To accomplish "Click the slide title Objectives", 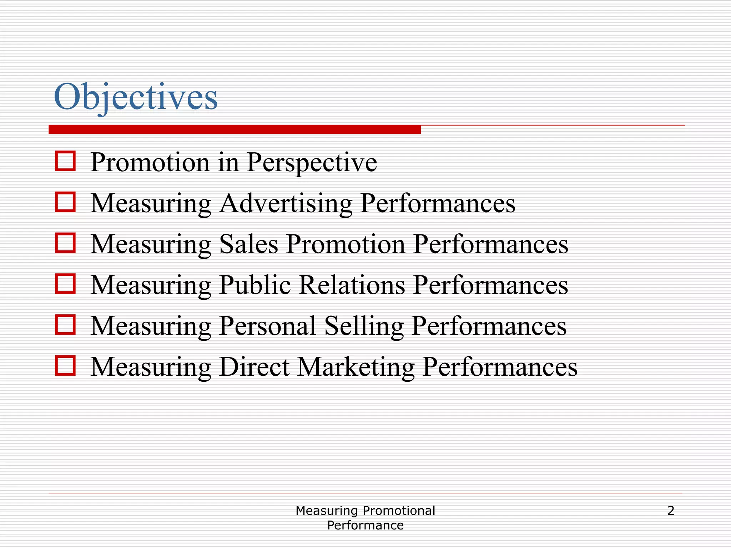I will pos(136,97).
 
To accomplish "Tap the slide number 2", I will pos(671,511).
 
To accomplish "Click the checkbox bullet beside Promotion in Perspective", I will pos(65,161).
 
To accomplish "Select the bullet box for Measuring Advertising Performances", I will pos(65,202).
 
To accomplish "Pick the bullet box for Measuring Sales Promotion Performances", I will pos(65,243).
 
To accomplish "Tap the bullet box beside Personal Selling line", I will pos(65,325).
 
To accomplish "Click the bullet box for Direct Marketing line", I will pos(65,366).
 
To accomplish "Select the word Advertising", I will pos(286,203).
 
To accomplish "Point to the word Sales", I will pos(248,244).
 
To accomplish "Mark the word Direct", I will pos(254,367).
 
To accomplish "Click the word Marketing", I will pos(356,367).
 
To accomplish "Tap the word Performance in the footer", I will pos(365,526).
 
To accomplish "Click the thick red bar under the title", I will pos(235,130).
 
